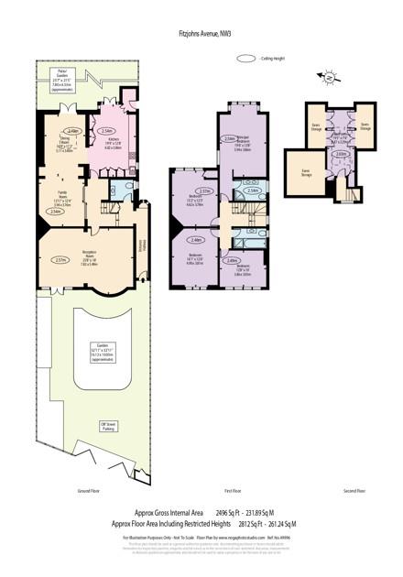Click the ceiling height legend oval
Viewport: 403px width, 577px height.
pyautogui.click(x=245, y=59)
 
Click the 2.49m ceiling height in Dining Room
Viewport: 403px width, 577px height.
pyautogui.click(x=73, y=131)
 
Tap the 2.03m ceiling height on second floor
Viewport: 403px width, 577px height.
pyautogui.click(x=340, y=154)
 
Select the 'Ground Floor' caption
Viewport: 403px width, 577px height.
pyautogui.click(x=88, y=490)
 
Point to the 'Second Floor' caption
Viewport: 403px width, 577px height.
pyautogui.click(x=354, y=490)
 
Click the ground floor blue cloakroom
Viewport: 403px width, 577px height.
pyautogui.click(x=117, y=188)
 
